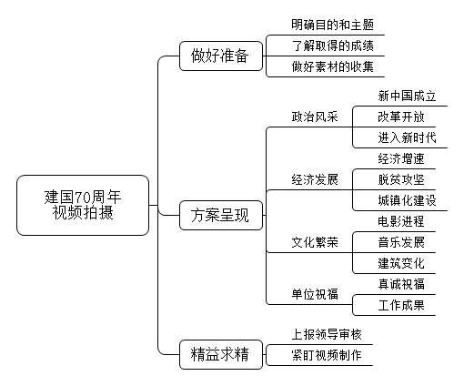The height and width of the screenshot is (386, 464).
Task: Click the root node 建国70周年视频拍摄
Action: click(x=83, y=205)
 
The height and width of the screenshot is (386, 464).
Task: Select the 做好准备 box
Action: click(x=221, y=56)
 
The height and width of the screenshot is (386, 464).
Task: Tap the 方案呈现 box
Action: click(x=221, y=215)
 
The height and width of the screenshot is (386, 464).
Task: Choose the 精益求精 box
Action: click(x=221, y=354)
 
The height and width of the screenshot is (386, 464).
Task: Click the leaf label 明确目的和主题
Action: click(x=332, y=25)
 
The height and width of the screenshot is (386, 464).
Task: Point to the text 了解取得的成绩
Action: click(x=332, y=46)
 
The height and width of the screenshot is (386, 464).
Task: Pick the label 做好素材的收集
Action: click(x=332, y=66)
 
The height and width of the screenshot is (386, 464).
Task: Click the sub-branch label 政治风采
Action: click(x=315, y=117)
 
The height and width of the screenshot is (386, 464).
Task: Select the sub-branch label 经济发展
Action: click(x=315, y=179)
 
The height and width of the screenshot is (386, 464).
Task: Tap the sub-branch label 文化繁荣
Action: click(x=315, y=242)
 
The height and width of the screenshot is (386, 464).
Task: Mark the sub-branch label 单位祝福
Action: click(x=315, y=294)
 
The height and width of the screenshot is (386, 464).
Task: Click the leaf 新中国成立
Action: click(x=407, y=96)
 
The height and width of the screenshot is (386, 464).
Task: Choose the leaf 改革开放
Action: click(x=401, y=117)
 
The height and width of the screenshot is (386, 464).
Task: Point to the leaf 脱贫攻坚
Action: click(x=401, y=179)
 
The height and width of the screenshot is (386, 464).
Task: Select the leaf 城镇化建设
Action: click(x=407, y=200)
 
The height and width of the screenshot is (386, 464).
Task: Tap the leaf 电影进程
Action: click(x=401, y=221)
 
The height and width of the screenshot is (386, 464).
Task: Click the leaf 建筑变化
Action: click(x=401, y=263)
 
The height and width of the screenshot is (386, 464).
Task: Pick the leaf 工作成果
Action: click(x=401, y=305)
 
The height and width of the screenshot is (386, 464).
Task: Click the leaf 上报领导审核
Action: click(x=327, y=334)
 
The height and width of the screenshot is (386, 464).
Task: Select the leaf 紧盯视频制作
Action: click(x=327, y=355)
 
